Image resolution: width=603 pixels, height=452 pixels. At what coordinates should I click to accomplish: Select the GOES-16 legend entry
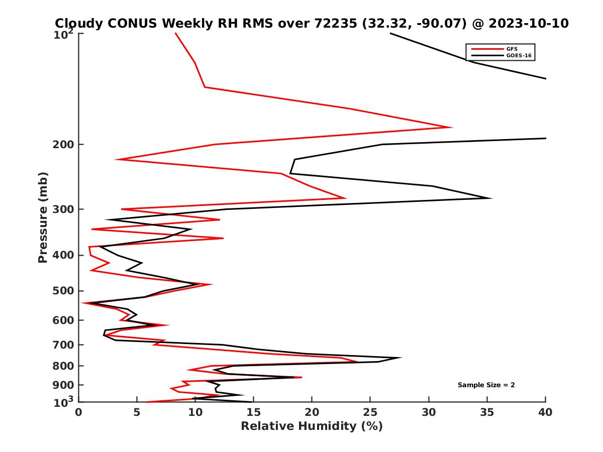pos(518,55)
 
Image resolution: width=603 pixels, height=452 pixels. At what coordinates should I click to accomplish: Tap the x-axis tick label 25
pos(370,412)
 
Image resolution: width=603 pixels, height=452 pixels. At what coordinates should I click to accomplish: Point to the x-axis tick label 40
pos(545,412)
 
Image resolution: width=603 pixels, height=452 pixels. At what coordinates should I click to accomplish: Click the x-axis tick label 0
pos(79,412)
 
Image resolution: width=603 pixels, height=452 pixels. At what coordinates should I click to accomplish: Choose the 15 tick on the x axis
pos(253,412)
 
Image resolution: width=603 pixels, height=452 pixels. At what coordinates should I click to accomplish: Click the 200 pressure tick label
pos(62,145)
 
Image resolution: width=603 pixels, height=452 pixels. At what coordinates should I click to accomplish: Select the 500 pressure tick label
pos(62,291)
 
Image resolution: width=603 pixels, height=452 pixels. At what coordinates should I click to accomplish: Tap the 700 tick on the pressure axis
pos(62,345)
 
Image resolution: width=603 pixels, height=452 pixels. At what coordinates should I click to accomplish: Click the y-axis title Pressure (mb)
pos(43,217)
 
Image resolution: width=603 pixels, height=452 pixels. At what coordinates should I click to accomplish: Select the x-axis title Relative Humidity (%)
pos(312,426)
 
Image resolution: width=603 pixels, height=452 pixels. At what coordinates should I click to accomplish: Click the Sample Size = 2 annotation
pos(486,385)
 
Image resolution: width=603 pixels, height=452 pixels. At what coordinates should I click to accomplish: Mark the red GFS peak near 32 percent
pos(452,127)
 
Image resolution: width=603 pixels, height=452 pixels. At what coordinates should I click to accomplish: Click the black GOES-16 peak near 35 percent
pos(491,198)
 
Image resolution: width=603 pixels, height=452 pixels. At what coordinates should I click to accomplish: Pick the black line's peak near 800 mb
pos(400,358)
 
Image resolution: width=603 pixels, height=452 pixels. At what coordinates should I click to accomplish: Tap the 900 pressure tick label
pos(62,385)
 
